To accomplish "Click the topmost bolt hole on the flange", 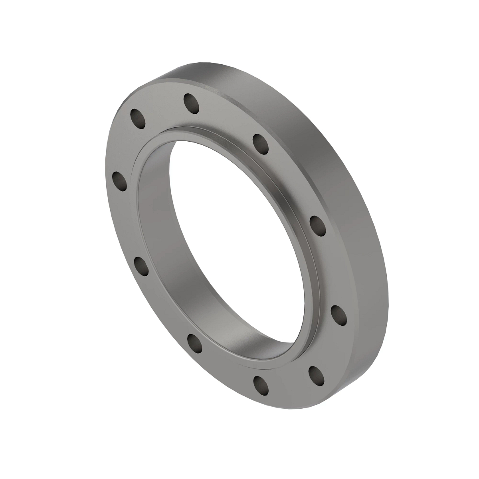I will pos(192,103).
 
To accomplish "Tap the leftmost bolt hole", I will pos(119,180).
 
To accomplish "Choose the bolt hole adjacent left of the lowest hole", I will pos(194,343).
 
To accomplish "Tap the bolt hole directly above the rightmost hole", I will pos(318,226).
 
